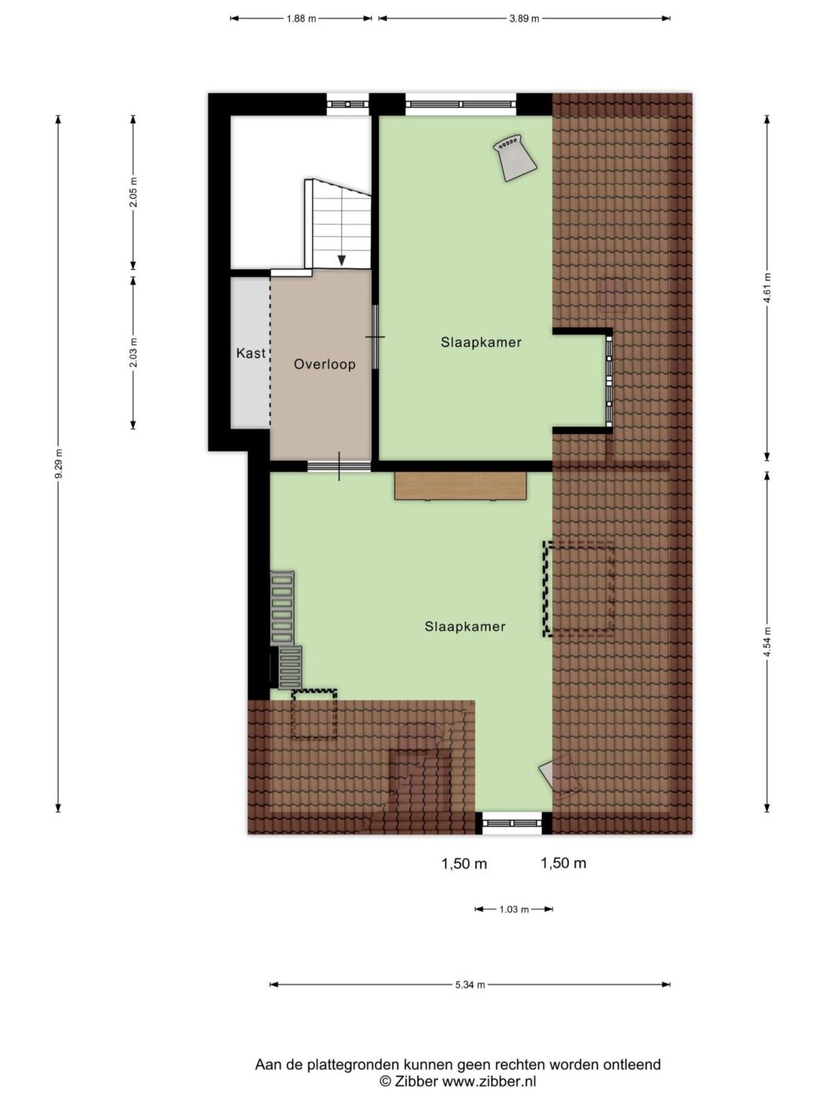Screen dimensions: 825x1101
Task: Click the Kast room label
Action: tap(251, 353)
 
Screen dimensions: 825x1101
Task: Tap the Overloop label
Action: tap(324, 364)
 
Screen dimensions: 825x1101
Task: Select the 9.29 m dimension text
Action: tap(58, 463)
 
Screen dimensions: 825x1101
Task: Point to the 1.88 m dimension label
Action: tap(301, 19)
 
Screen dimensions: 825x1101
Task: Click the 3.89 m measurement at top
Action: tap(524, 19)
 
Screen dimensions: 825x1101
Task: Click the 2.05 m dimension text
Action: tap(134, 193)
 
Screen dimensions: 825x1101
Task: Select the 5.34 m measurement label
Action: tap(470, 985)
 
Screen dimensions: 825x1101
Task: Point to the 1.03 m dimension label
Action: tap(514, 909)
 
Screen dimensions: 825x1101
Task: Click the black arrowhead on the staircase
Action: tap(342, 260)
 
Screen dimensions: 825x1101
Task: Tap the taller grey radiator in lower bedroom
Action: tap(282, 608)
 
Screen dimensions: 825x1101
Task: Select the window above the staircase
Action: tap(347, 105)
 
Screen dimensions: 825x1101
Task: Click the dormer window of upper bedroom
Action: tap(609, 380)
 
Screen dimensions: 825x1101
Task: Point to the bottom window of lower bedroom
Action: tap(512, 823)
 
